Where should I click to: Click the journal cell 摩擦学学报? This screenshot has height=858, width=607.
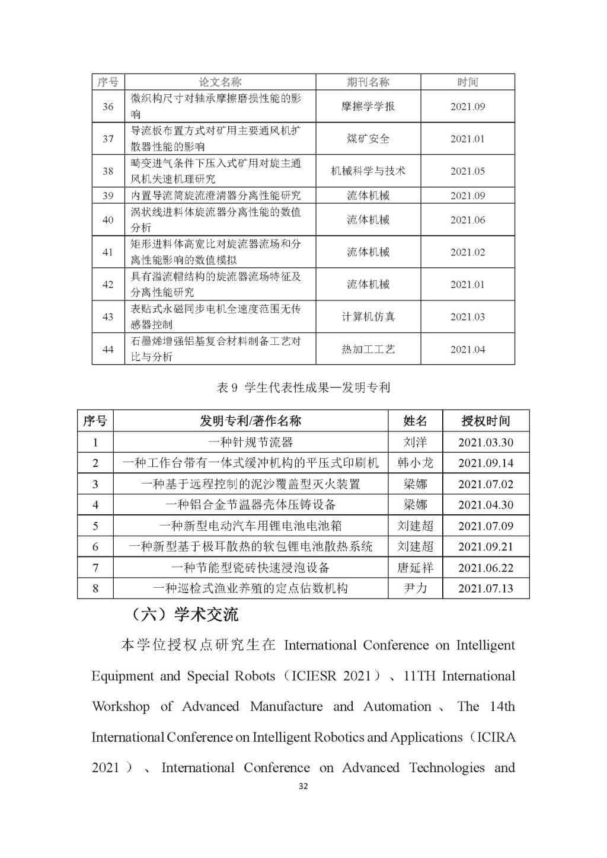point(368,107)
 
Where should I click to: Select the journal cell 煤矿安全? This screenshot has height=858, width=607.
point(368,139)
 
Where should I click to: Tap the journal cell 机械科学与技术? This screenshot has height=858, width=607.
point(368,171)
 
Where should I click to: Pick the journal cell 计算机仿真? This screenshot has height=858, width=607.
point(368,316)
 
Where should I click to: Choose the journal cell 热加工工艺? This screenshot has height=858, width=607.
point(368,349)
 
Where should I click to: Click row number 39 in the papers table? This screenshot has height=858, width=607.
point(108,196)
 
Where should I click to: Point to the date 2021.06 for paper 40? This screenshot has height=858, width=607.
point(467,220)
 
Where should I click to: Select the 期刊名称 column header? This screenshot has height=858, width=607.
point(368,82)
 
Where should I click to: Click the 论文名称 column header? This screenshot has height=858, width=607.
point(220,82)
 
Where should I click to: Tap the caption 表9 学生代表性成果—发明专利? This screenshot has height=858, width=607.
point(303,388)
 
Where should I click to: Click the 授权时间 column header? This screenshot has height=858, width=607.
point(485,421)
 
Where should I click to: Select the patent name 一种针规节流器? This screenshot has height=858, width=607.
point(250,442)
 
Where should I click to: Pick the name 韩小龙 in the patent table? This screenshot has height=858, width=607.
point(415,463)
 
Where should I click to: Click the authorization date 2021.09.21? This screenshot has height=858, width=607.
point(485,546)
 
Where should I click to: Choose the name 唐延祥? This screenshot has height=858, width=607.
point(415,568)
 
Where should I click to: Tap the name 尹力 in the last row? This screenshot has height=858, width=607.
point(415,588)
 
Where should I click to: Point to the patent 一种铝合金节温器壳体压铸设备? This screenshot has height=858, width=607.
point(250,505)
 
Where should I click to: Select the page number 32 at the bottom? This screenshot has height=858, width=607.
point(303,787)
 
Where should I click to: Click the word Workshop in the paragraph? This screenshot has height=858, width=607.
point(120,706)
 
